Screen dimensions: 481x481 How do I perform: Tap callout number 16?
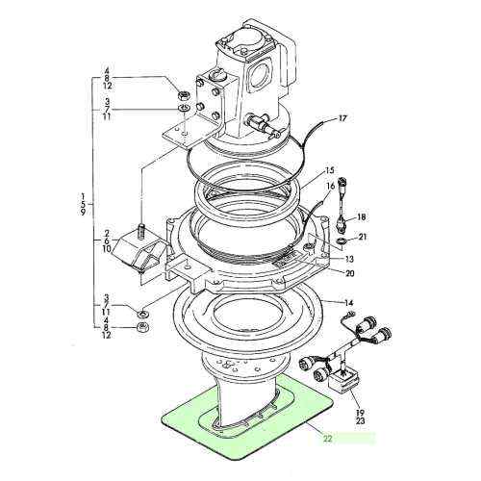331,186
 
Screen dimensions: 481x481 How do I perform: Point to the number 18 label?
362,217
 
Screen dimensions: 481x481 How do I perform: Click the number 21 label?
362,237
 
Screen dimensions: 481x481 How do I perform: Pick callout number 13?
347,259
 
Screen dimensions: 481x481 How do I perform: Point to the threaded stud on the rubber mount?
140,231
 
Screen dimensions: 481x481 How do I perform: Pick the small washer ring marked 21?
343,240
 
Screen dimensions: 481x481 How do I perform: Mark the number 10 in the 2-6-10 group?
108,249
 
